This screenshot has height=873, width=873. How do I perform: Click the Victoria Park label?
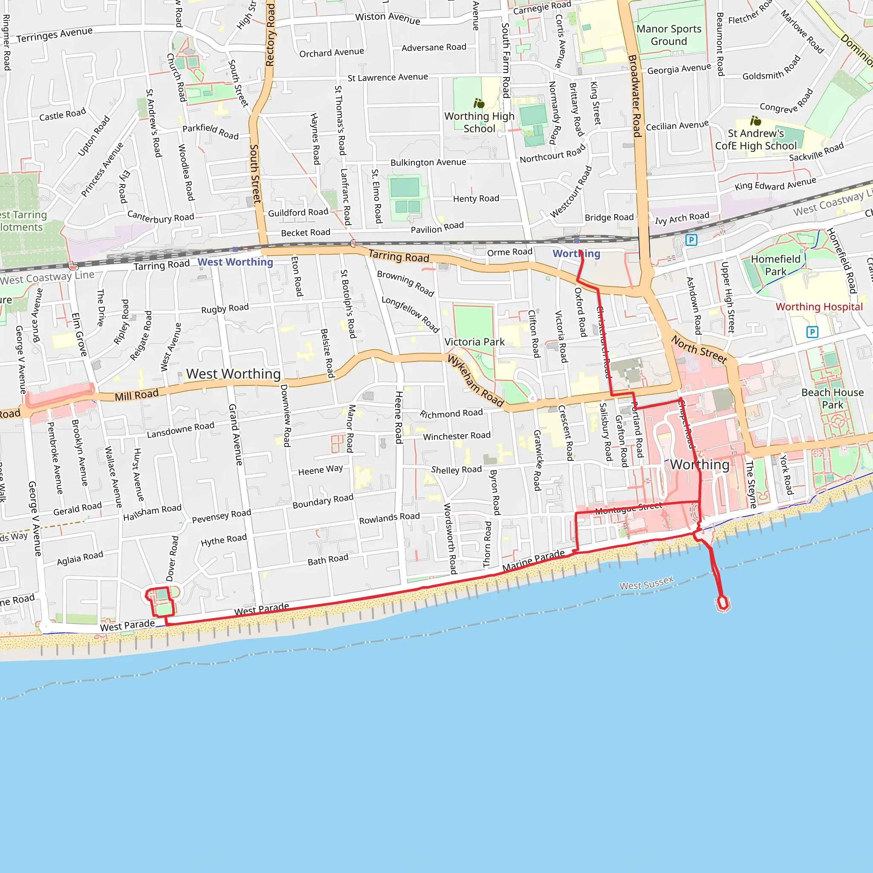click(474, 342)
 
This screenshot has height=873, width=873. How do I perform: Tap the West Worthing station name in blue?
click(235, 262)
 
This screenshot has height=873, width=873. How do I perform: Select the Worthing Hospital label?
click(819, 307)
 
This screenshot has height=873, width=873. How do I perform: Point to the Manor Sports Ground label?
click(669, 35)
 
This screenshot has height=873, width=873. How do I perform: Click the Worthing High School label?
click(479, 122)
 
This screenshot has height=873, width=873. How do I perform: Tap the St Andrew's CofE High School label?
click(755, 140)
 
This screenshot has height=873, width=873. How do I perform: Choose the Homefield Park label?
click(775, 265)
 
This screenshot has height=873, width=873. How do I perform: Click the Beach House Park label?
click(833, 399)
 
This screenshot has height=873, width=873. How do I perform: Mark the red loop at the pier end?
click(723, 603)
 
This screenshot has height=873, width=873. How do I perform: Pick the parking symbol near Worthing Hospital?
click(812, 332)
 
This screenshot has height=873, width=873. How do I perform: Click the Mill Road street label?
click(136, 395)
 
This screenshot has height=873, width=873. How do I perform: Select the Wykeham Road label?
click(475, 381)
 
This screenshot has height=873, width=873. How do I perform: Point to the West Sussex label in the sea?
click(646, 583)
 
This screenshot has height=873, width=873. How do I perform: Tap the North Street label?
click(699, 349)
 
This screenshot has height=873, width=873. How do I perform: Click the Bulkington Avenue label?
click(428, 162)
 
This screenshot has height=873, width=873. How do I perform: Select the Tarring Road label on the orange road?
click(399, 256)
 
